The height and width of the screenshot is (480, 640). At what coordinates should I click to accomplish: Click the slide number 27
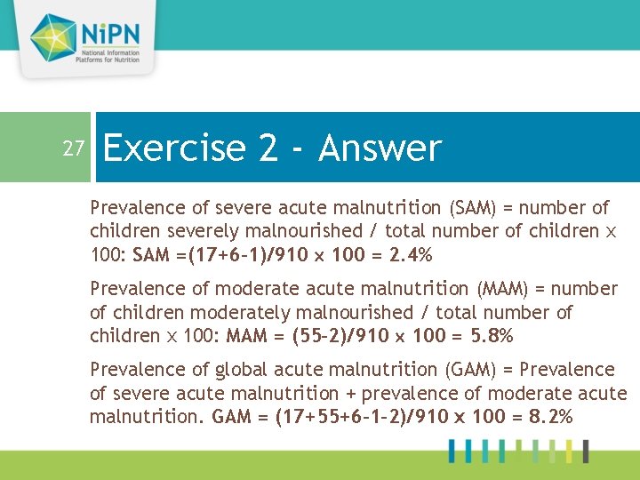73,148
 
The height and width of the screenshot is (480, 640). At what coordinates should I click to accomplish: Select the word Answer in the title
380,148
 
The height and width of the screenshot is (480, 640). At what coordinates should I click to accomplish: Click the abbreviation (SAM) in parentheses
476,208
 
